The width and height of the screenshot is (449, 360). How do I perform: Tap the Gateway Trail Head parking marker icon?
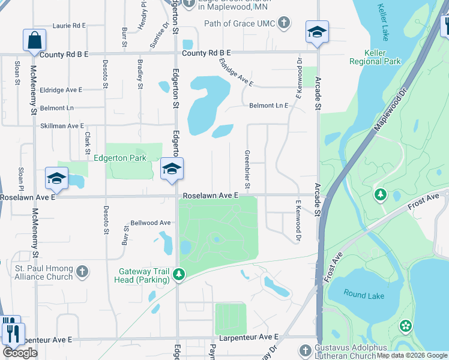pyautogui.click(x=178, y=275)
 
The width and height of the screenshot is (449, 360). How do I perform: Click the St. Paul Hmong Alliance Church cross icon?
pyautogui.click(x=82, y=272)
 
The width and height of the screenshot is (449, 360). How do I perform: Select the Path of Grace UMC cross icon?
pyautogui.click(x=284, y=23)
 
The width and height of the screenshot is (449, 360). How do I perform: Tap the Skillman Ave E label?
pyautogui.click(x=62, y=126)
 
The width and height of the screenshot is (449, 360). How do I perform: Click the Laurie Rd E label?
pyautogui.click(x=69, y=26)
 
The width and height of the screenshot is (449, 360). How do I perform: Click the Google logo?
pyautogui.click(x=20, y=353)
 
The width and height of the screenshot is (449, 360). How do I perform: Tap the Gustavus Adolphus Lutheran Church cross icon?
pyautogui.click(x=305, y=350)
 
